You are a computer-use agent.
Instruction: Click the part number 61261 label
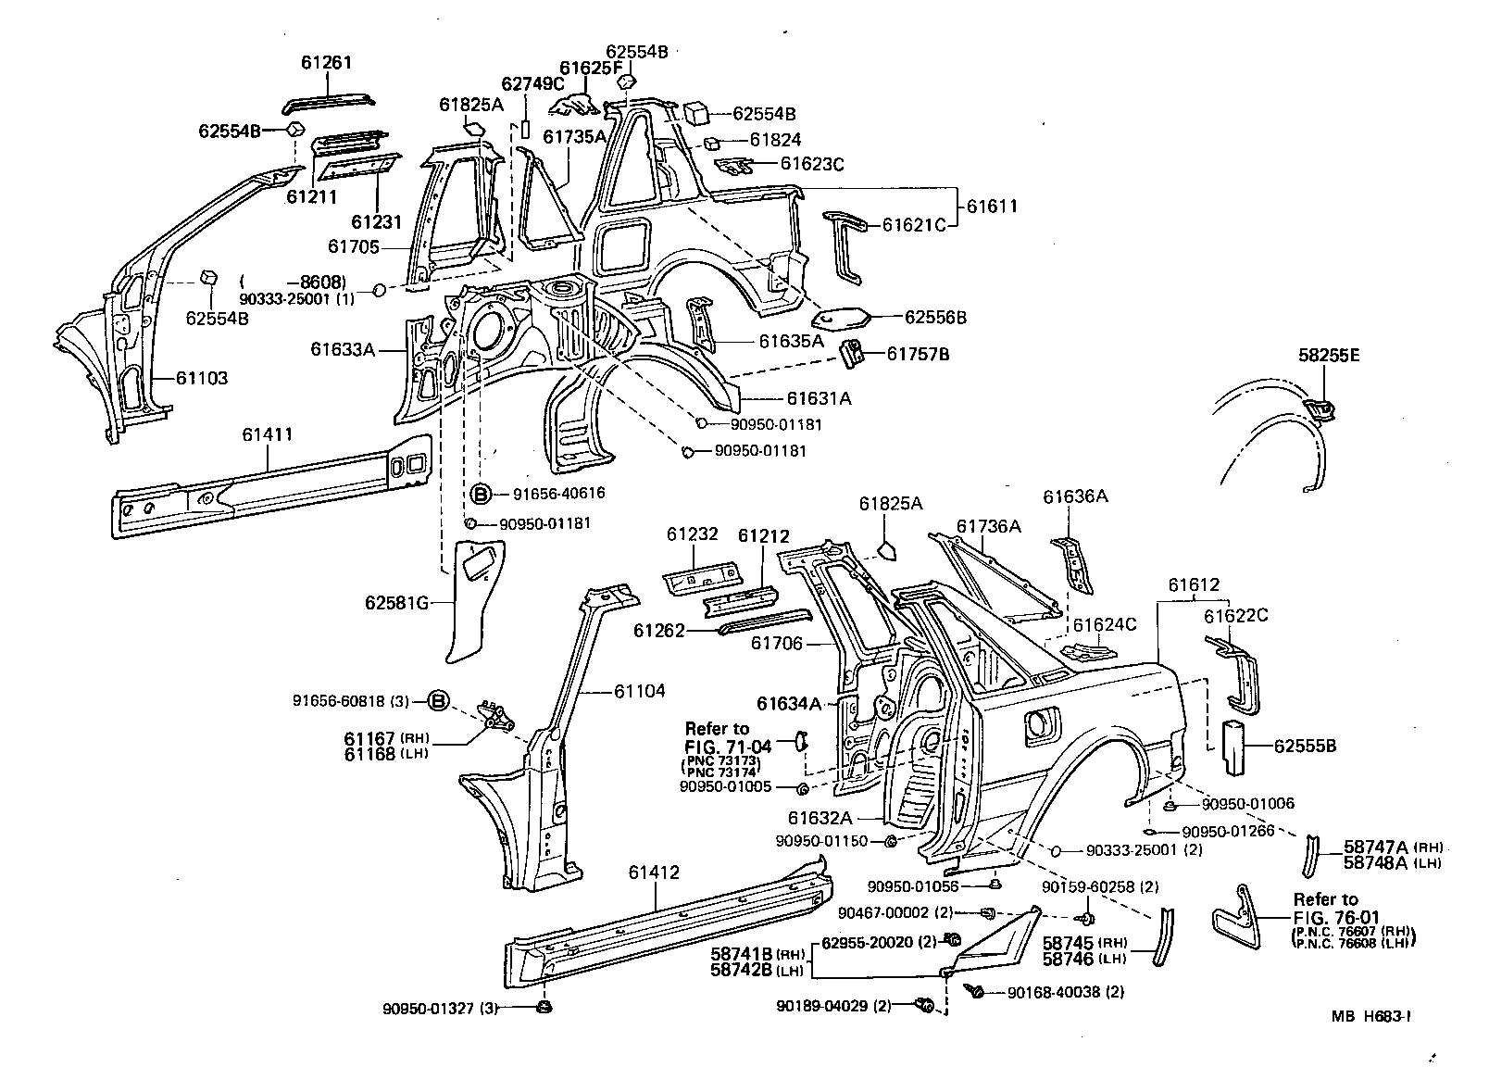(x=326, y=63)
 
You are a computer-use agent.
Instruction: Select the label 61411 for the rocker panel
(x=268, y=433)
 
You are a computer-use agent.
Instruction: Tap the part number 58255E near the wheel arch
(x=1322, y=356)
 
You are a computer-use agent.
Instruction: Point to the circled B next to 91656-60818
(x=439, y=701)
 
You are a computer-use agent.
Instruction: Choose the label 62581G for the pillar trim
(x=396, y=604)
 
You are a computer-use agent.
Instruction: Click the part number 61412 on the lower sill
(x=654, y=872)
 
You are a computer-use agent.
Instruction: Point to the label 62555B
(x=1305, y=745)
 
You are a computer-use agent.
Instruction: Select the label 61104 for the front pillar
(x=639, y=692)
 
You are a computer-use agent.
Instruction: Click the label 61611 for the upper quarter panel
(x=992, y=207)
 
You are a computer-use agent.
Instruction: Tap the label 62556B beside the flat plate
(x=935, y=318)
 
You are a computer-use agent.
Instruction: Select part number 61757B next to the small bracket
(x=919, y=354)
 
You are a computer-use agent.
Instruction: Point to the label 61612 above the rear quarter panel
(x=1194, y=585)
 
